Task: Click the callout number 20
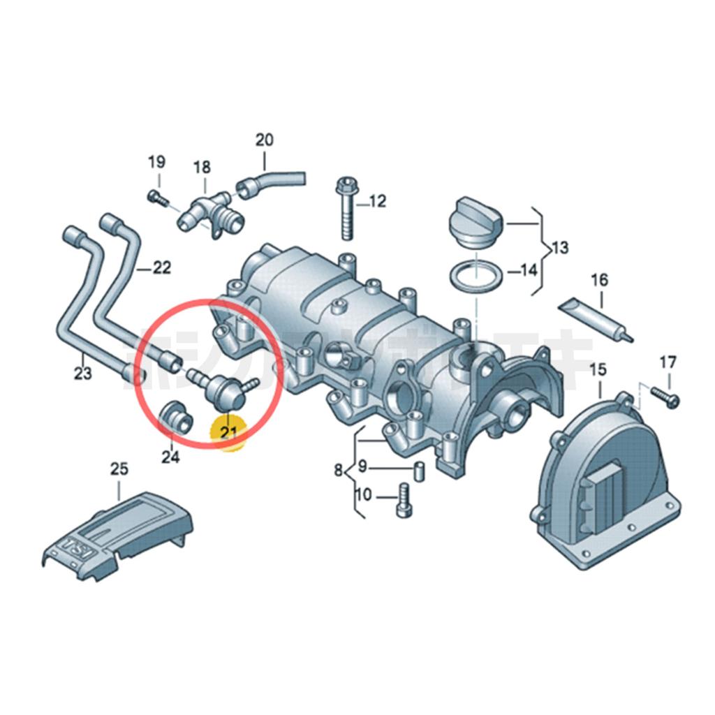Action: click(264, 139)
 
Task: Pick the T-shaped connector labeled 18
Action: click(209, 209)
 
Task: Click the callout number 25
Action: click(119, 469)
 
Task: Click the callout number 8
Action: click(339, 471)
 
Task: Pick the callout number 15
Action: click(598, 369)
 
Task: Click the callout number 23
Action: click(82, 374)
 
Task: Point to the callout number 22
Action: click(161, 268)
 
